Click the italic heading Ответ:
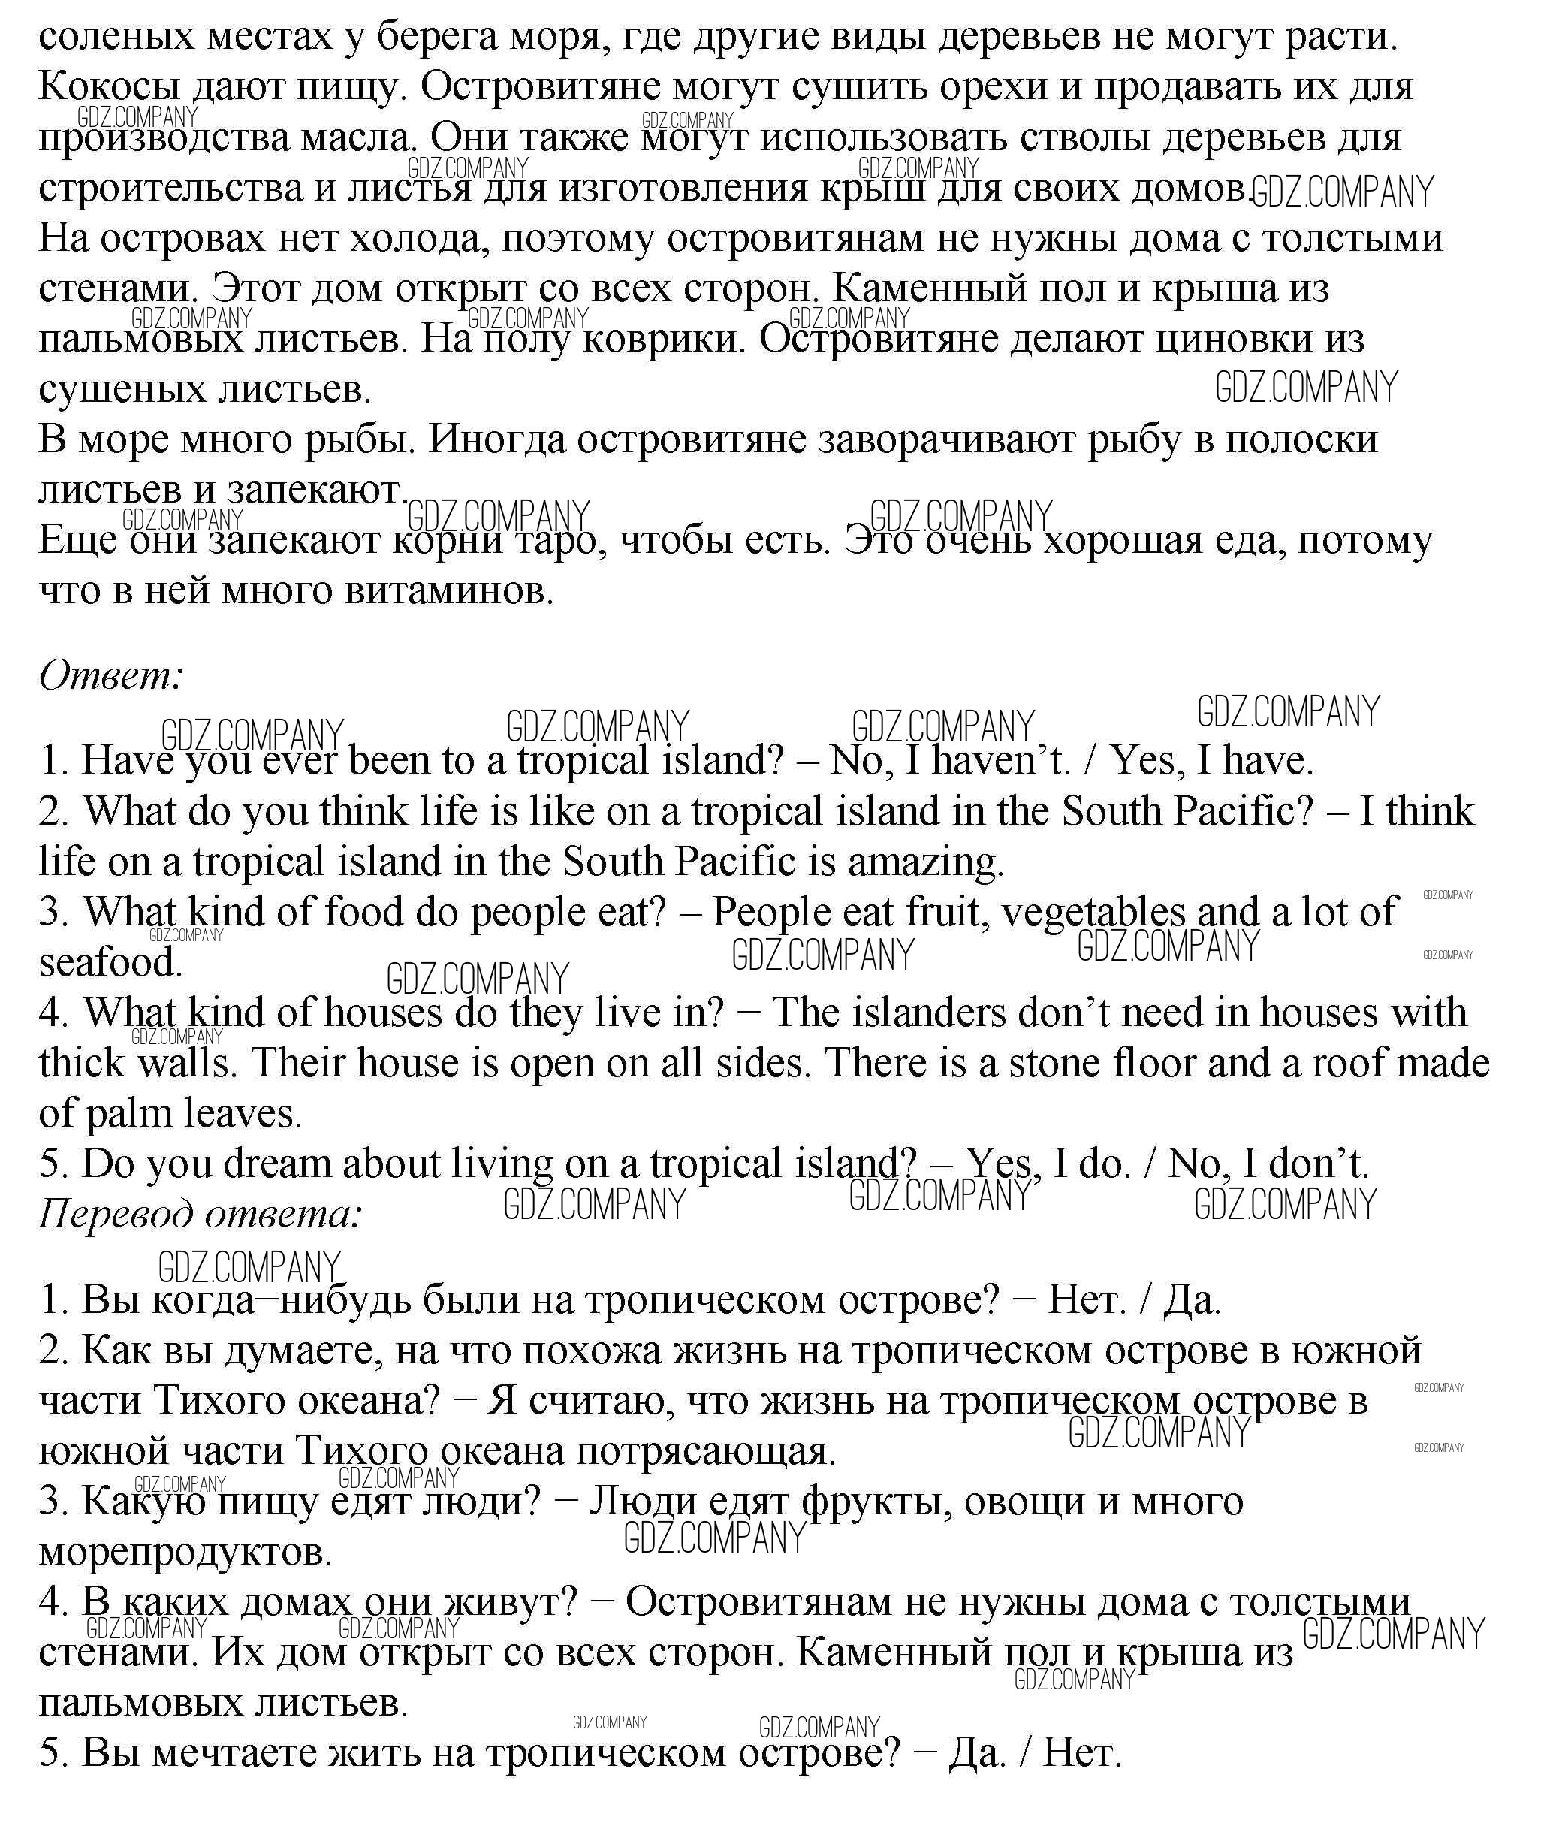tap(111, 676)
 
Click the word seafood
tap(110, 962)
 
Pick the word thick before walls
tap(81, 1063)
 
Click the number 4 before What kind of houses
tap(52, 1013)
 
